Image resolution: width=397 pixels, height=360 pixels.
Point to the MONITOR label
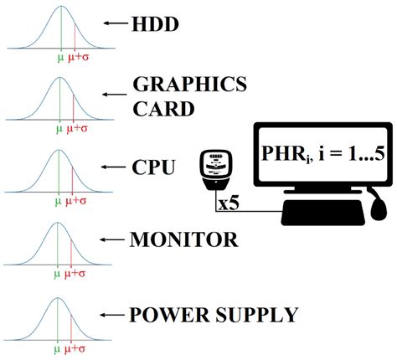pyautogui.click(x=183, y=239)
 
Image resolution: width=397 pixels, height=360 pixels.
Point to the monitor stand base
pyautogui.click(x=312, y=214)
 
